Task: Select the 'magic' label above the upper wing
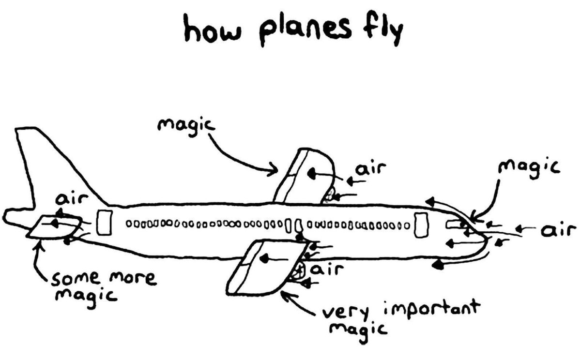[x=186, y=125]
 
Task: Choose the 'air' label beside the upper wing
[x=370, y=169]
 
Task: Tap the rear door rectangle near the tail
[x=104, y=223]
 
